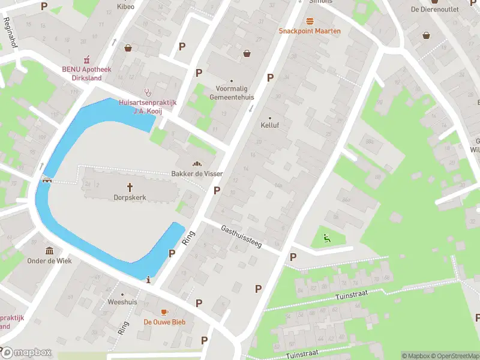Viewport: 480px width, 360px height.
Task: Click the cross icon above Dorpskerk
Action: click(130, 187)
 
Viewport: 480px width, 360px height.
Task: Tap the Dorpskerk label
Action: click(130, 197)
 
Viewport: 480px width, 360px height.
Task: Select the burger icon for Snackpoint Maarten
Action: click(310, 20)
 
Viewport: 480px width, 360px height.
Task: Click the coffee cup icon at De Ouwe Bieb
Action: click(164, 312)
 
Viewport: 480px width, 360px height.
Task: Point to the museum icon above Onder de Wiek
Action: click(49, 251)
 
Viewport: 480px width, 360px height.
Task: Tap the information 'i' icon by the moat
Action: click(149, 279)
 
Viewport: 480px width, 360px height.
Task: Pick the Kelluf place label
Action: click(269, 125)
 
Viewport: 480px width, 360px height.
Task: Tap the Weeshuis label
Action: click(122, 302)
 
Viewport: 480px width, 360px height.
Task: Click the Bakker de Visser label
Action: click(197, 174)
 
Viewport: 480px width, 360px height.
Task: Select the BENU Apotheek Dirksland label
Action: click(87, 73)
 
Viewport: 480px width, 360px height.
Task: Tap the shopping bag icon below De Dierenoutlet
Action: click(426, 35)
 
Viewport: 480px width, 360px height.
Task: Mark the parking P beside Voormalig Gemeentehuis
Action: click(270, 77)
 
